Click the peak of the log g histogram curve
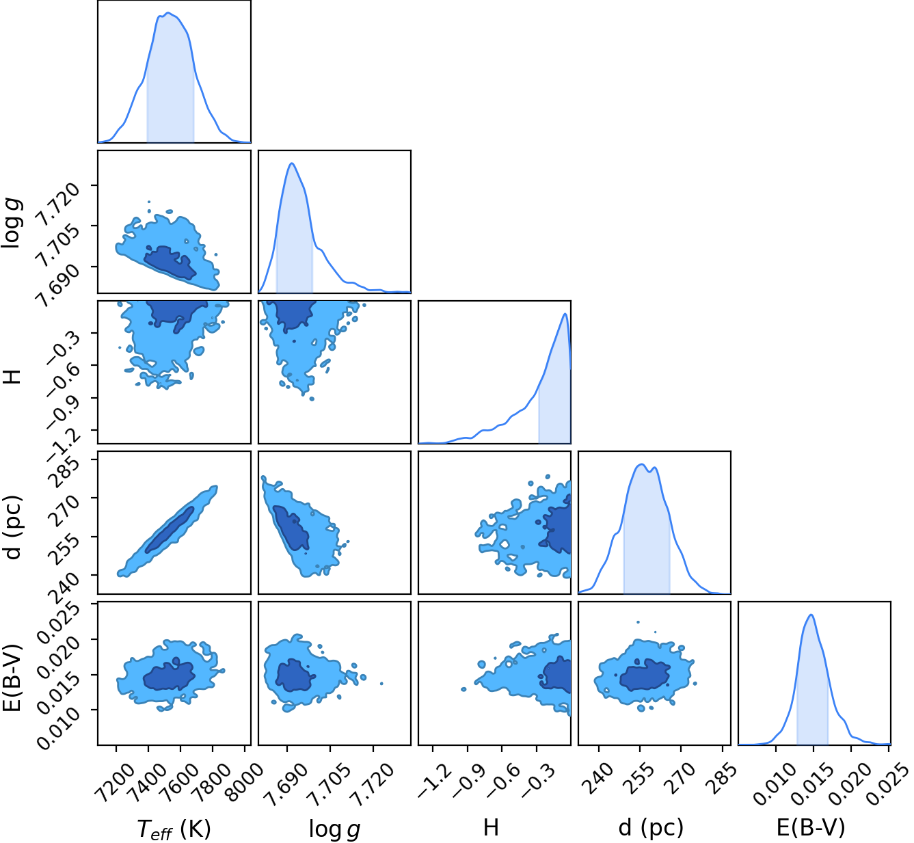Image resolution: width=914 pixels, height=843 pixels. (x=291, y=163)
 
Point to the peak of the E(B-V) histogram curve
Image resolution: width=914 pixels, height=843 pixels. (x=811, y=615)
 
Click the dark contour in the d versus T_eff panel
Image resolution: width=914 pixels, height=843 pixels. (x=170, y=530)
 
